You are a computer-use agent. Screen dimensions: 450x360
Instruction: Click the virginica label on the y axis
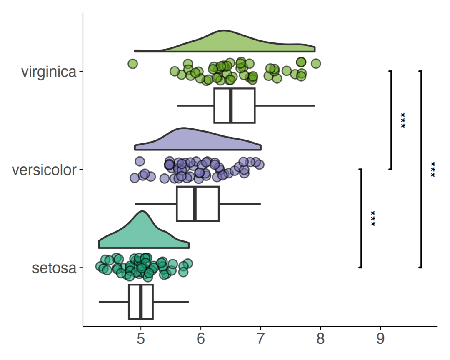(49, 72)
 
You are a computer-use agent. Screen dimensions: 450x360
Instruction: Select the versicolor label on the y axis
(44, 170)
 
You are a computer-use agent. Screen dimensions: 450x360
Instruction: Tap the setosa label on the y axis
(54, 268)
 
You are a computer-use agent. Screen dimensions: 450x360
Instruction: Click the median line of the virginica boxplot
(231, 106)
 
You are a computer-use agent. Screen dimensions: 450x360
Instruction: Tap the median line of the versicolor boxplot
(195, 204)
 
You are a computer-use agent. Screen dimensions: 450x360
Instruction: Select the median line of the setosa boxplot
(141, 302)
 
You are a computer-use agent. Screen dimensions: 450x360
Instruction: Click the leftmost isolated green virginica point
(132, 64)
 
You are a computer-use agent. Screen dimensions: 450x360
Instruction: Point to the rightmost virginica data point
(316, 63)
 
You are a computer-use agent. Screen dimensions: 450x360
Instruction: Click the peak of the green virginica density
(224, 30)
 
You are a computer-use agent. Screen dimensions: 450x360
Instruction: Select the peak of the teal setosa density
(142, 212)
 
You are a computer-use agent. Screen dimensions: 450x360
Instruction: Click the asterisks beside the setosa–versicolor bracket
(373, 219)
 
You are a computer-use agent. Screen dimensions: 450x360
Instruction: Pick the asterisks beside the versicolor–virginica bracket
(403, 120)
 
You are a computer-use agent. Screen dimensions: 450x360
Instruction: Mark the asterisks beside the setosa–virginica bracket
(433, 170)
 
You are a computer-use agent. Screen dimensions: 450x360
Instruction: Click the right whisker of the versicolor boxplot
(240, 204)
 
